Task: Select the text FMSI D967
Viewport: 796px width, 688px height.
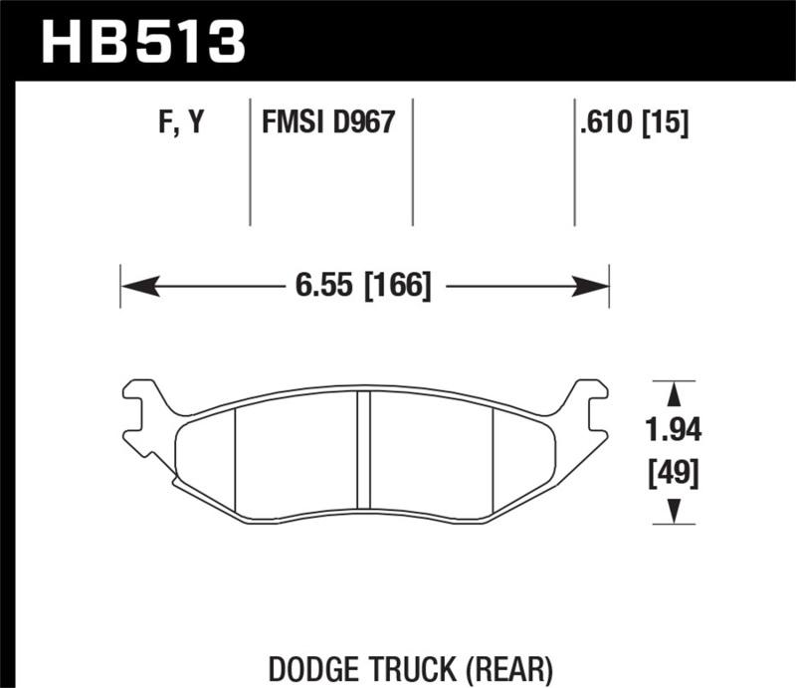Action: [328, 123]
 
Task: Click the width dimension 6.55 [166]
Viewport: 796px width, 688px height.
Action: [362, 287]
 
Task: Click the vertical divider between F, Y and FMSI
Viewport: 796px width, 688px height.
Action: [249, 164]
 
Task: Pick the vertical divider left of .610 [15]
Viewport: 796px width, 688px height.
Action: [574, 164]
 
